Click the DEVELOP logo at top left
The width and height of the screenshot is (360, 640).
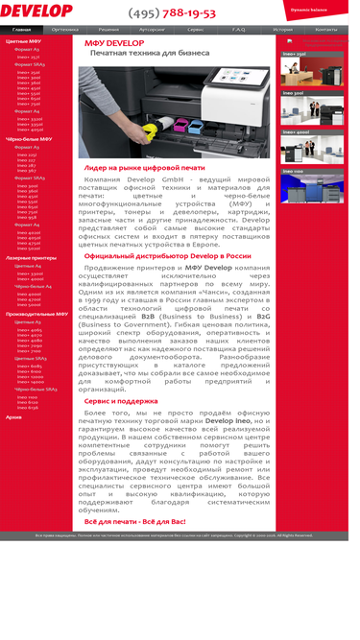pyautogui.click(x=36, y=11)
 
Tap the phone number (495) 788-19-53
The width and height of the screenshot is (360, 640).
pyautogui.click(x=172, y=13)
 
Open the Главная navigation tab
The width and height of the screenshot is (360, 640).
pyautogui.click(x=21, y=30)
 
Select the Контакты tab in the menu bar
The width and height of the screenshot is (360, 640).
pyautogui.click(x=326, y=30)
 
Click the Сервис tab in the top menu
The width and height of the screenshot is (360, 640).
pyautogui.click(x=195, y=30)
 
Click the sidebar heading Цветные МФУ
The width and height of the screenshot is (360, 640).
pyautogui.click(x=23, y=42)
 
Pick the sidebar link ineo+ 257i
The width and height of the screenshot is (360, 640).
pyautogui.click(x=28, y=57)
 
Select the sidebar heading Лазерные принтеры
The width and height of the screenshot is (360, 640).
pyautogui.click(x=31, y=258)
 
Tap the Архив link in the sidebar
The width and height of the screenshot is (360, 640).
pyautogui.click(x=13, y=417)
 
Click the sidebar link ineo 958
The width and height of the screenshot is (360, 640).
pyautogui.click(x=27, y=217)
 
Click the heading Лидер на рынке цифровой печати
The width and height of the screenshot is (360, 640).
pyautogui.click(x=144, y=168)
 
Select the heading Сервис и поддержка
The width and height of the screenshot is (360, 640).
pyautogui.click(x=121, y=400)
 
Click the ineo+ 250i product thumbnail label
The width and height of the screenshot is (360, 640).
pyautogui.click(x=295, y=54)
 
